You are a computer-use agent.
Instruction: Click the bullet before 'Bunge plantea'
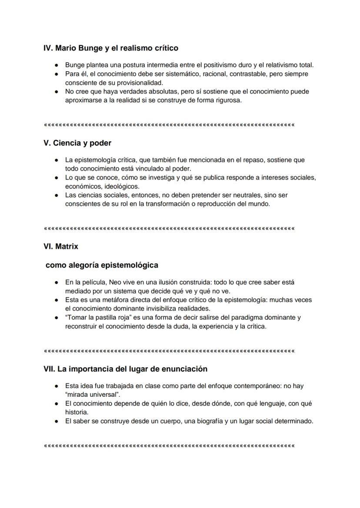pos(57,65)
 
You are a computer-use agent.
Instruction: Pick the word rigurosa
pos(228,100)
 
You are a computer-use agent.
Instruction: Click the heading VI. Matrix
pos(61,246)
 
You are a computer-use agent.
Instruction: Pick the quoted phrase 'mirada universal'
pos(93,395)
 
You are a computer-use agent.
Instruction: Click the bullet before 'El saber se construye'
pos(57,421)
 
